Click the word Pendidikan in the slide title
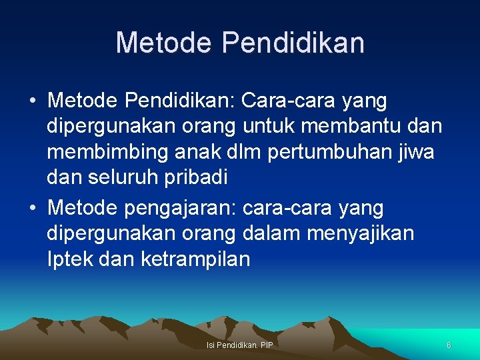click(x=293, y=43)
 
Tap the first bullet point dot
click(x=32, y=101)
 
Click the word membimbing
click(x=101, y=153)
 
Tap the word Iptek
click(x=70, y=259)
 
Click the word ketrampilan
click(x=195, y=259)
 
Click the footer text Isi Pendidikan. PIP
click(x=240, y=345)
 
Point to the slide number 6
click(x=449, y=345)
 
